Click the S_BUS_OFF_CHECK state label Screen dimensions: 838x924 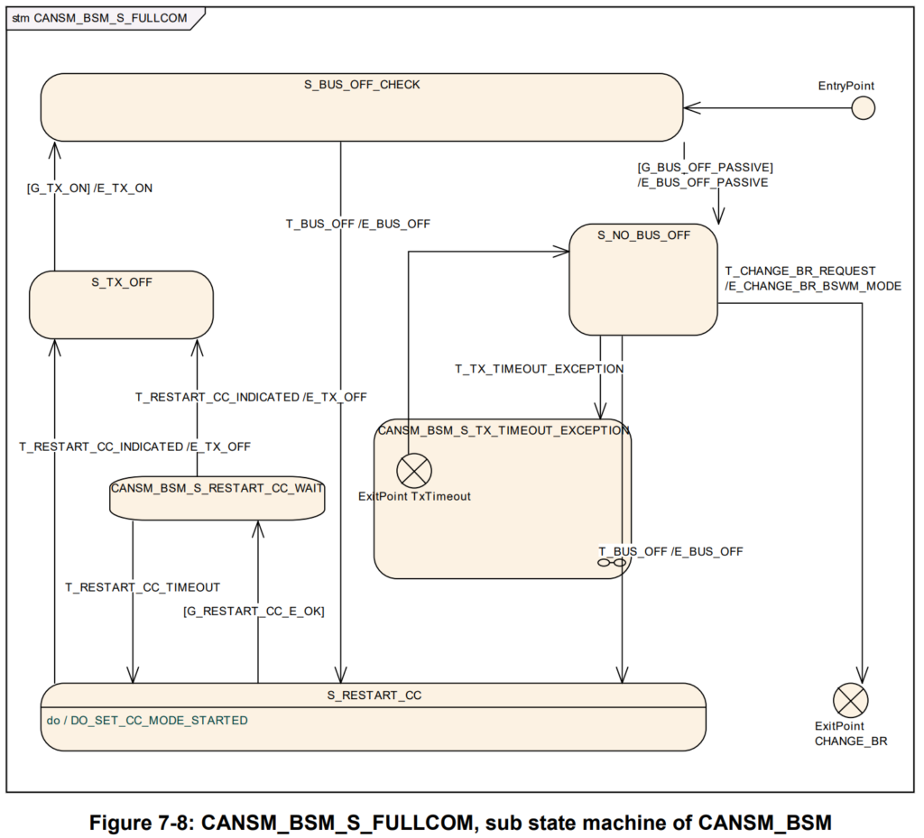[x=362, y=85]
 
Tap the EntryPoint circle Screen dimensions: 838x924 [x=863, y=108]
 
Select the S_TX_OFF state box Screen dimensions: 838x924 [x=121, y=305]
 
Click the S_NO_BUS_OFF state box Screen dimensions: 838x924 [x=643, y=281]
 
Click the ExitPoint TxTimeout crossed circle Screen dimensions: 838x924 [x=414, y=471]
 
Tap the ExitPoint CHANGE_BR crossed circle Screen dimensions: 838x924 [x=850, y=700]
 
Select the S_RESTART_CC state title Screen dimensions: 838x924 [x=374, y=695]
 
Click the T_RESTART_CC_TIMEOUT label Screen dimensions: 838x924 [x=143, y=587]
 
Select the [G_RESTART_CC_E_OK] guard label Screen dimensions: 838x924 [x=254, y=611]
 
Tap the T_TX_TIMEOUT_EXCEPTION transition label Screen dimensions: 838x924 [x=539, y=369]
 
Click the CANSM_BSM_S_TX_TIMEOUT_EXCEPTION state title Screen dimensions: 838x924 [x=504, y=430]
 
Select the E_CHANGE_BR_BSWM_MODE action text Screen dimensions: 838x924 [x=813, y=286]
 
